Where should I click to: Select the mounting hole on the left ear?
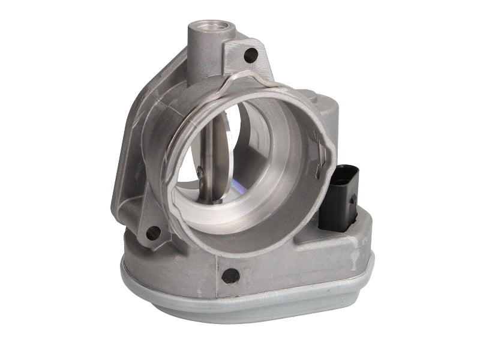[x=152, y=232]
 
